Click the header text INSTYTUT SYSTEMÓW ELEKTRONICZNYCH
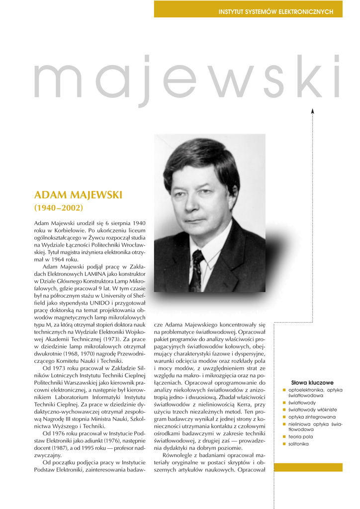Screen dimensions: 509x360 coord(275,12)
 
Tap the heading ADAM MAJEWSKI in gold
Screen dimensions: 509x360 coord(78,194)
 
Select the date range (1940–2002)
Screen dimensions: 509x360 coord(58,207)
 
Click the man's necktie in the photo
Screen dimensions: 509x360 coord(196,271)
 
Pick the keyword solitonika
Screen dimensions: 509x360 coord(298,444)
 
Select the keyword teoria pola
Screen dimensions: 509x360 coord(301,436)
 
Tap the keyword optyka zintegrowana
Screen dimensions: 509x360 coord(312,417)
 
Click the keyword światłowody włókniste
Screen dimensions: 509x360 coord(312,410)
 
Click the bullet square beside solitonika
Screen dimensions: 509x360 coord(284,444)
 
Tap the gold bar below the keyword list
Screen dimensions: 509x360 coord(308,467)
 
